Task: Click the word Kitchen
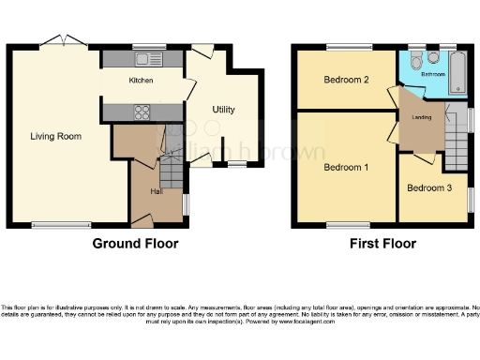point(141,81)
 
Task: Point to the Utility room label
point(223,110)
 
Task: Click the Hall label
point(157,191)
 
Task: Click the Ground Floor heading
point(135,244)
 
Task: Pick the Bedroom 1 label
point(346,168)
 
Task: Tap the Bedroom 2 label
point(346,80)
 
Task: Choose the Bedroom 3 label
point(429,187)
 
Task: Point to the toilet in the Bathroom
point(416,56)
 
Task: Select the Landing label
point(420,116)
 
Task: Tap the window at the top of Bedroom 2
point(349,46)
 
